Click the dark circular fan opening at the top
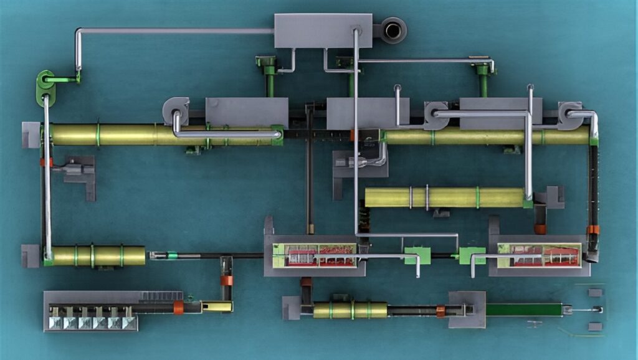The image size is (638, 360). pyautogui.click(x=393, y=29)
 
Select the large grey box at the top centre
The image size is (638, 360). pyautogui.click(x=323, y=31)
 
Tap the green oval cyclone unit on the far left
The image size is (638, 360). pyautogui.click(x=45, y=87)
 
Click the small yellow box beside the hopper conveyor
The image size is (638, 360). pyautogui.click(x=217, y=306)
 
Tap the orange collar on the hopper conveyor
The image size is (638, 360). pyautogui.click(x=178, y=307)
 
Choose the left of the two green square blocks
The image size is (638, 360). pyautogui.click(x=417, y=255)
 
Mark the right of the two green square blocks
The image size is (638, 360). pyautogui.click(x=472, y=255)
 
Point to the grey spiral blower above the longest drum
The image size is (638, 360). pyautogui.click(x=176, y=110)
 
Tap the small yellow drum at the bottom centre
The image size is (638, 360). pyautogui.click(x=350, y=310)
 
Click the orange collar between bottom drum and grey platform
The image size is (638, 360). pyautogui.click(x=441, y=310)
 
